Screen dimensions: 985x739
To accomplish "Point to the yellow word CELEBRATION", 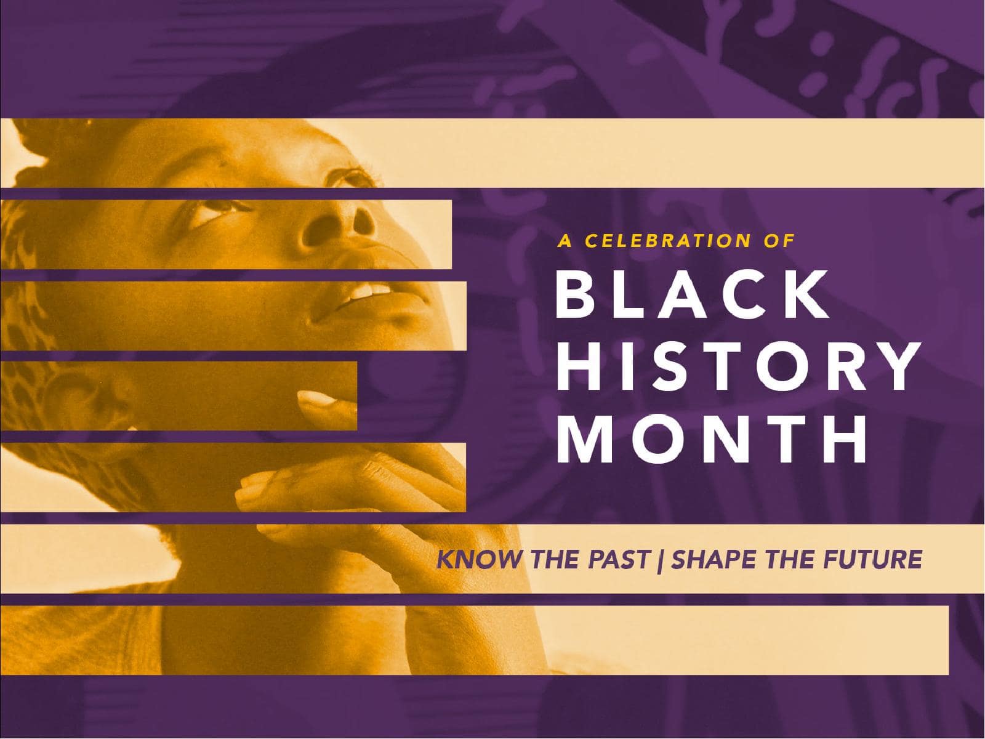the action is click(669, 241).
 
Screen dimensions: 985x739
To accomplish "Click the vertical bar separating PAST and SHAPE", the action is click(660, 560).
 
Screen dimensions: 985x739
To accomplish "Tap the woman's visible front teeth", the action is click(369, 290).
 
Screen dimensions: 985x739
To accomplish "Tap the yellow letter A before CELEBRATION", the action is click(565, 241).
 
